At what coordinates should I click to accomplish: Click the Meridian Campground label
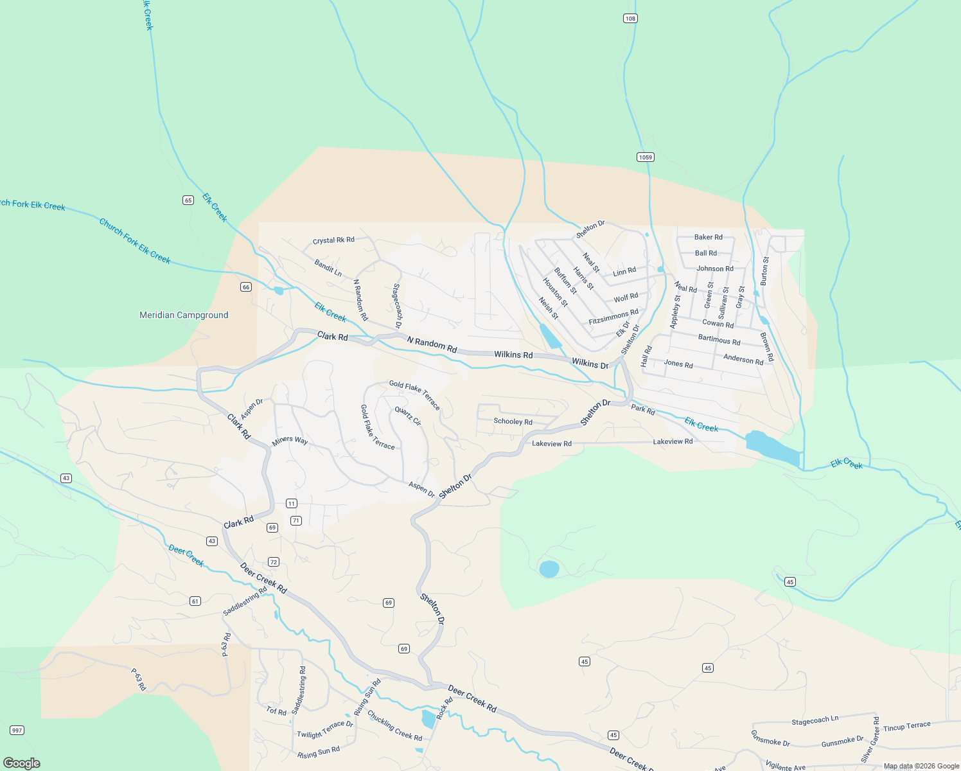coord(184,315)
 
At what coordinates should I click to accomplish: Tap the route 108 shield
coord(630,19)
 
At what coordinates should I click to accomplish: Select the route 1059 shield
coord(646,157)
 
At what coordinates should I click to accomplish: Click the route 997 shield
coord(17,730)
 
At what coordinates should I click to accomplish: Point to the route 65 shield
coord(188,200)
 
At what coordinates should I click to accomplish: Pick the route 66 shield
coord(246,287)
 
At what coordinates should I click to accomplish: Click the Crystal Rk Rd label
coord(333,240)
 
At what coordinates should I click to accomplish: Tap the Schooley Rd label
coord(513,421)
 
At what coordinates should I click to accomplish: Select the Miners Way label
coord(290,441)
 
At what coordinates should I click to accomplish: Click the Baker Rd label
coord(708,237)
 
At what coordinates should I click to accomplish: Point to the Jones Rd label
coord(678,364)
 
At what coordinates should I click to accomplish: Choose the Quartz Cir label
coord(408,416)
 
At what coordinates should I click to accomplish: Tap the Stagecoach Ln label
coord(815,720)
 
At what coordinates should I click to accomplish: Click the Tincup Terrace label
coord(906,727)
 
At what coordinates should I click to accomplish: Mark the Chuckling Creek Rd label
coord(394,725)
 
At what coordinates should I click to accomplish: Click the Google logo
coord(22,763)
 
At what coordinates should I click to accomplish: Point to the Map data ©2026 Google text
coord(921,766)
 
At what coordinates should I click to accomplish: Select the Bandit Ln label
coord(328,268)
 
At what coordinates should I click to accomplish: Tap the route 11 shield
coord(292,504)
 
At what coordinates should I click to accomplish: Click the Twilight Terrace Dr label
coord(325,730)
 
